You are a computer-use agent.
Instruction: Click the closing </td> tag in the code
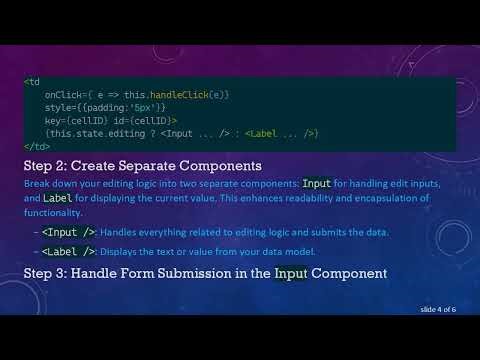36,145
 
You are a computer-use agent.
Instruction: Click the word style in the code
58,106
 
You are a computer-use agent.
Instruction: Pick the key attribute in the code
53,119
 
